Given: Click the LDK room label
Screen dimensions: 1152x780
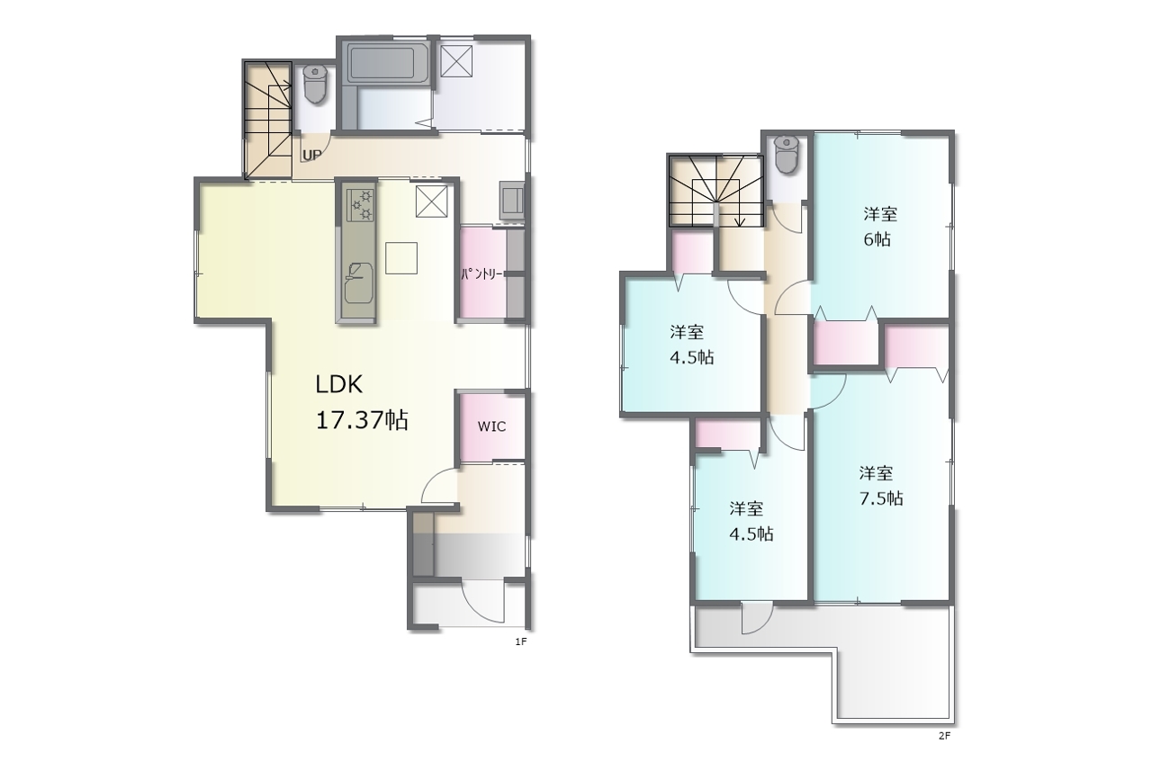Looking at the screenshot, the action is click(339, 384).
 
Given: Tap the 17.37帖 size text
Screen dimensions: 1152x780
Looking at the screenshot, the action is click(362, 421).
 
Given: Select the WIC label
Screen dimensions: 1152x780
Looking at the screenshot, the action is click(491, 426).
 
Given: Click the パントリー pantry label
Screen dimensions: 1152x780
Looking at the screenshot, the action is click(481, 274).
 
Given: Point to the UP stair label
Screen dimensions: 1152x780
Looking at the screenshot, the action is click(311, 155).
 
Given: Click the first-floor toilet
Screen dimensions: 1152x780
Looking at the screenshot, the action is click(315, 84).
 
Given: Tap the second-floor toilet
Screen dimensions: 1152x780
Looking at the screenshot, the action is click(786, 153).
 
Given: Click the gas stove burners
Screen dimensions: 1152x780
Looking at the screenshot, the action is click(360, 204).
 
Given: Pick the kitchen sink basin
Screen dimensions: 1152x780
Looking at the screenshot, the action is click(358, 283).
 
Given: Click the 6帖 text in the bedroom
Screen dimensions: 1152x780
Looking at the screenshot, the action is click(877, 239).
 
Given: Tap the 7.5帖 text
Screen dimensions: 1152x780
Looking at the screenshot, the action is click(881, 498).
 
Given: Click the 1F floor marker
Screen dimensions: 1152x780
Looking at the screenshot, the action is click(521, 641).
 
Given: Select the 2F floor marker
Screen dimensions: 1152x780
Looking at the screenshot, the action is click(945, 736).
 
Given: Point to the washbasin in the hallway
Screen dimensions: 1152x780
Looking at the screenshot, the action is click(512, 201).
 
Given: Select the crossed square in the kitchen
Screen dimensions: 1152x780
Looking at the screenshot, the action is click(431, 201).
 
